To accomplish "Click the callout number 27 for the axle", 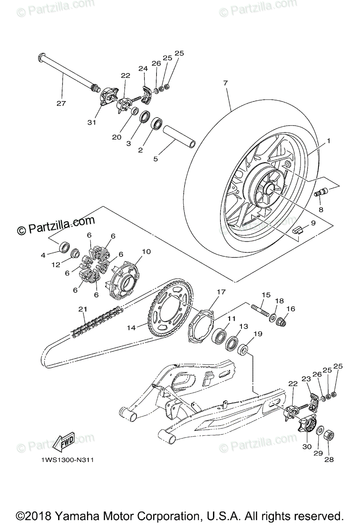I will pos(61,103).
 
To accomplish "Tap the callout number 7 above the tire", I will pos(226,82).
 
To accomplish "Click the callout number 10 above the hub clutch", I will pos(146,252).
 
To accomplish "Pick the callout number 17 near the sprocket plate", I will pos(220,291).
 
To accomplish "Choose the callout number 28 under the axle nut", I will pos(329,460).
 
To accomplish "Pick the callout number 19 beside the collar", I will pos(258,334).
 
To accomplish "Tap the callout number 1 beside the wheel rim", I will pos(329,142).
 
